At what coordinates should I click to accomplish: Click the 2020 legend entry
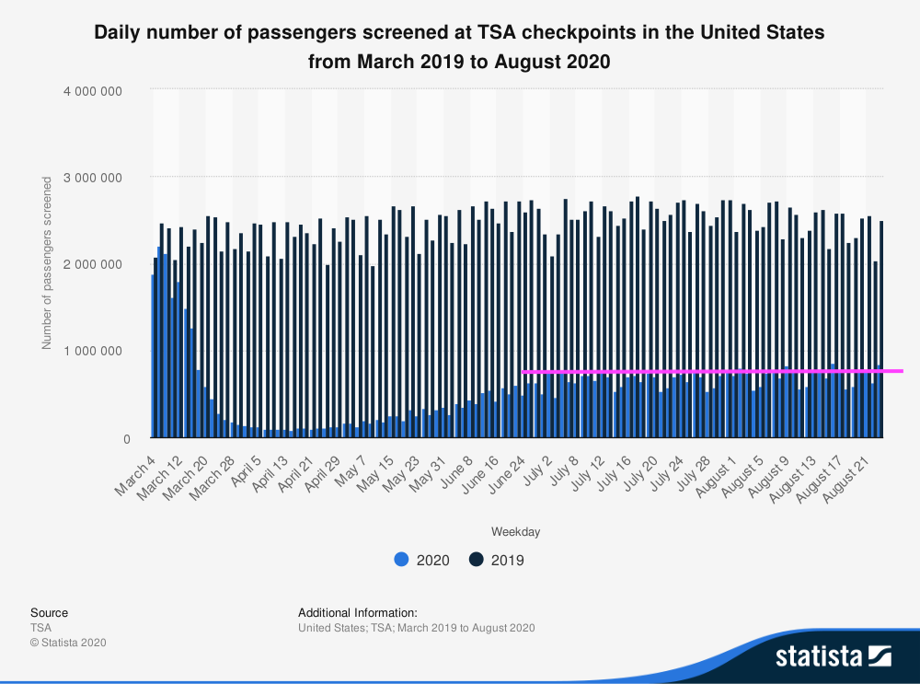(x=421, y=560)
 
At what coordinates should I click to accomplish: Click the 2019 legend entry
(x=496, y=560)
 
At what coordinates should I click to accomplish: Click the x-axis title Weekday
(x=515, y=532)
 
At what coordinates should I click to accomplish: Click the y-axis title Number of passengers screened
(x=47, y=265)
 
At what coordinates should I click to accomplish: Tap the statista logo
(x=834, y=656)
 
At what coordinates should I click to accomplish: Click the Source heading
(x=49, y=612)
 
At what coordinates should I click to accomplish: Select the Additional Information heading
(x=358, y=612)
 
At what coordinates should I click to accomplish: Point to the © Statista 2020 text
(x=68, y=643)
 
